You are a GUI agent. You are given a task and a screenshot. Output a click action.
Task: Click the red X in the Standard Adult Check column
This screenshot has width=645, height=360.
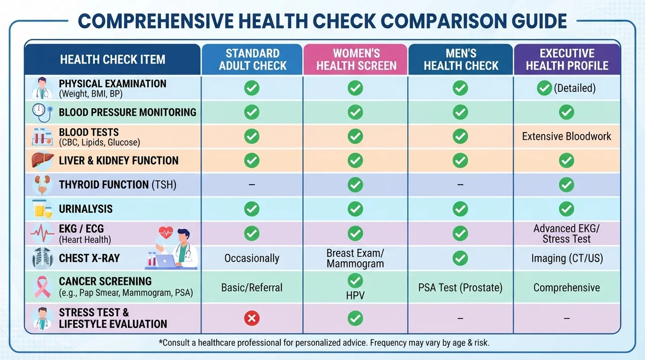tap(251, 318)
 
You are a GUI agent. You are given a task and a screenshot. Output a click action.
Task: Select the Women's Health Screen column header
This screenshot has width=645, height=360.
tap(356, 59)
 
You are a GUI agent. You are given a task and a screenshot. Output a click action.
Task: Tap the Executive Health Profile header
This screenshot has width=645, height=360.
tap(567, 59)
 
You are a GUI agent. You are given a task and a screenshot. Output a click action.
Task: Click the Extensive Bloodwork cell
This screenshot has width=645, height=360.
tap(566, 136)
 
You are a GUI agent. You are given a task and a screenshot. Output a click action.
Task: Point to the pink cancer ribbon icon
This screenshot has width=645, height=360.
tap(42, 287)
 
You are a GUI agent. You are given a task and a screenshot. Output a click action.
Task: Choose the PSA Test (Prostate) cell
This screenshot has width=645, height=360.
tap(460, 287)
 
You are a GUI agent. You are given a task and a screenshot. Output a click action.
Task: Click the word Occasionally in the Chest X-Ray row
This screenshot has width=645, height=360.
tap(251, 258)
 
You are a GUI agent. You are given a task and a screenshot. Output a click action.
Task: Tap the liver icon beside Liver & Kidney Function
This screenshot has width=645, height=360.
tap(42, 160)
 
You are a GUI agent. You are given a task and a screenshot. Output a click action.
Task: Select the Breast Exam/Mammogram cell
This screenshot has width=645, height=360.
tap(355, 258)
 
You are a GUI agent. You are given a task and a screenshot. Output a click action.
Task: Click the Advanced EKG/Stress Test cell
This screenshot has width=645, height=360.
tap(566, 233)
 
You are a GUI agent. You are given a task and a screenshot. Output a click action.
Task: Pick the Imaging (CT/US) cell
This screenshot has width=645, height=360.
tap(567, 258)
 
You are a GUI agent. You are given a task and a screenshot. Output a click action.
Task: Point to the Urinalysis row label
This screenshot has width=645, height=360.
tap(86, 209)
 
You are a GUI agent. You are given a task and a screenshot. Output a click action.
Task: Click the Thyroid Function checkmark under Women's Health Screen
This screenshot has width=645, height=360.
tap(355, 185)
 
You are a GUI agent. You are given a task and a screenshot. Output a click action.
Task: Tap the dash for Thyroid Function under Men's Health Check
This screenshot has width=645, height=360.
tap(460, 185)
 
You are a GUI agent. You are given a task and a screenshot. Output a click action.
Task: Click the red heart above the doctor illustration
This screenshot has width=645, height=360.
tap(166, 232)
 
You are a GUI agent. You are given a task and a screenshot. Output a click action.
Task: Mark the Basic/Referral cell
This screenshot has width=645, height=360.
tap(251, 287)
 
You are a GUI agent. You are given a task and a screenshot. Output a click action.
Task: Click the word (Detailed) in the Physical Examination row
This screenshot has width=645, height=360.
tap(575, 88)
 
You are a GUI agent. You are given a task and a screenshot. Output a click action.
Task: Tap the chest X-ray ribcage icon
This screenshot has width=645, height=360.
tap(42, 258)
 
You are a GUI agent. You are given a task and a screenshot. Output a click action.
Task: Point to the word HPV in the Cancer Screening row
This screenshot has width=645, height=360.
tap(355, 296)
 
